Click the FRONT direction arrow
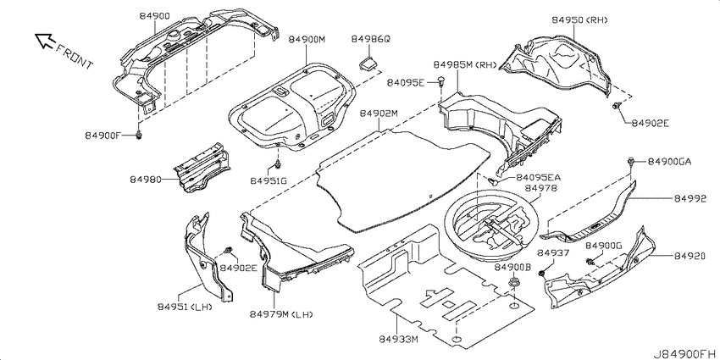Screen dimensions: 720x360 pos(45,41)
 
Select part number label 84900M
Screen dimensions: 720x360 pos(307,40)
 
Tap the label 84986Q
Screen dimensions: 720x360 pos(370,39)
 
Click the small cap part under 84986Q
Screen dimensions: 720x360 pos(368,64)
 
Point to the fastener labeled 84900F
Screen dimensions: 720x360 pos(139,135)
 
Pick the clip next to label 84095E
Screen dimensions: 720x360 pos(441,81)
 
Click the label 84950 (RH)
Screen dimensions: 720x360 pos(579,19)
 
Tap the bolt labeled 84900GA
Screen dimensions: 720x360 pos(631,161)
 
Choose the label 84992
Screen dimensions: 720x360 pos(690,199)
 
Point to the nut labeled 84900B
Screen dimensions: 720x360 pos(512,281)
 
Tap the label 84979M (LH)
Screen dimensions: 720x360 pos(281,314)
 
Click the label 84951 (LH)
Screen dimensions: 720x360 pos(185,307)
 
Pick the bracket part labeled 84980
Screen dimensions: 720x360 pos(201,168)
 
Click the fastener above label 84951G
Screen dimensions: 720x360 pos(277,163)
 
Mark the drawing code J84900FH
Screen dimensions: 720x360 pos(685,354)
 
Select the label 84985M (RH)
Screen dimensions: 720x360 pos(465,64)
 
